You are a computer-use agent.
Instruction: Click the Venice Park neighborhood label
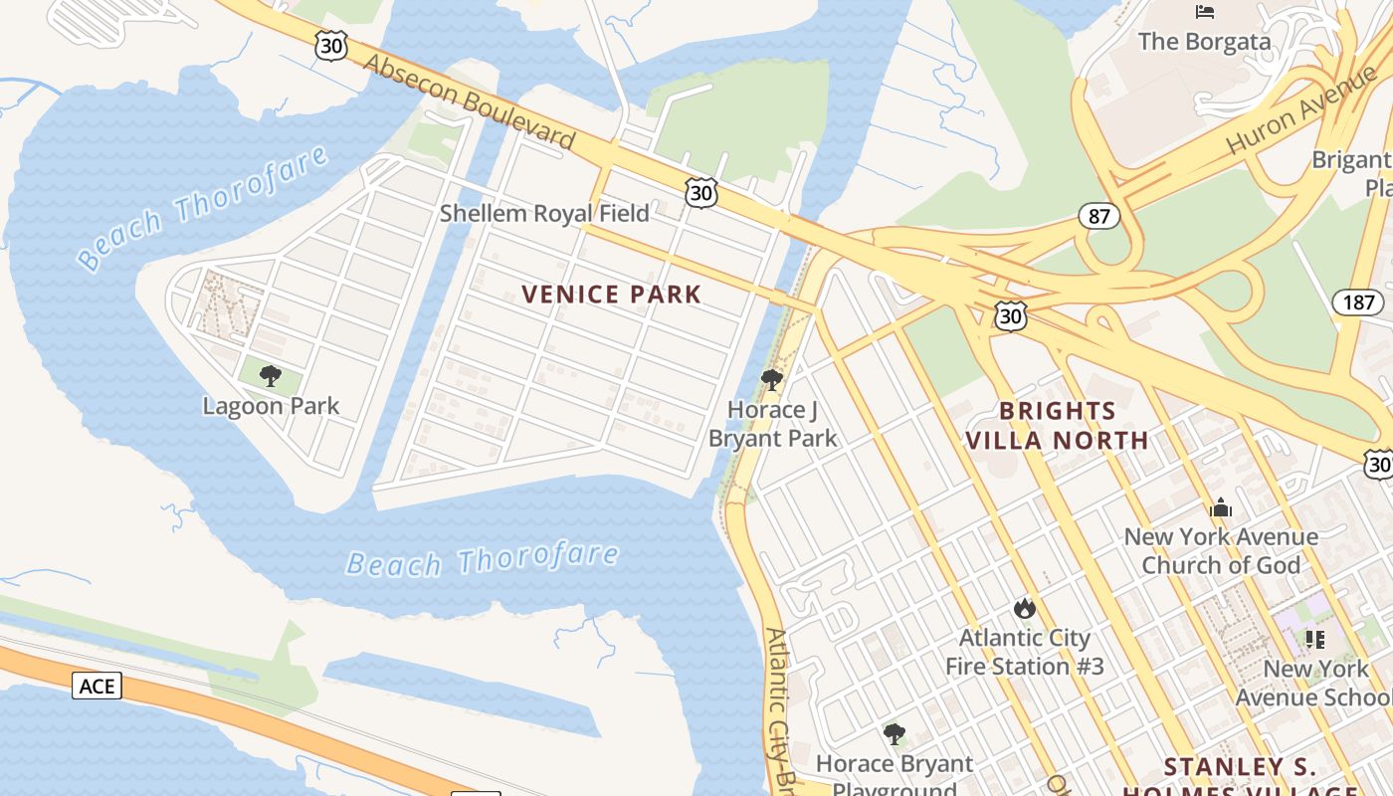[611, 295]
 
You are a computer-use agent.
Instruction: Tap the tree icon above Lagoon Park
[270, 376]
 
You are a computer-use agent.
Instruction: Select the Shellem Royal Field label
[544, 213]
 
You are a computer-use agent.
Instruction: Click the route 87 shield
[1098, 216]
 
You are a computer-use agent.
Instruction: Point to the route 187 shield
[1357, 301]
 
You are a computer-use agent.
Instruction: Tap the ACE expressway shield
[97, 686]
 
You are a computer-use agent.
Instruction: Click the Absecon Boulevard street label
[470, 101]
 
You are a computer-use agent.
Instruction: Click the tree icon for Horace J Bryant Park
[771, 380]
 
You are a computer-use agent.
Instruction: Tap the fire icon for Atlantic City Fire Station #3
[1024, 608]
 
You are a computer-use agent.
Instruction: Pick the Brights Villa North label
[1057, 425]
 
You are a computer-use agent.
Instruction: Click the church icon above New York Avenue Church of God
[1220, 508]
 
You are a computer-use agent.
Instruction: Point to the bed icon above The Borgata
[1205, 12]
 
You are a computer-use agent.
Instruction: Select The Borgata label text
[1204, 42]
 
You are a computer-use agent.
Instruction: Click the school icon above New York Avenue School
[1315, 640]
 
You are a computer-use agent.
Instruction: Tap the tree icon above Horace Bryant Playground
[895, 735]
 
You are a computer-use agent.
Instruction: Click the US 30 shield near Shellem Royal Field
[701, 192]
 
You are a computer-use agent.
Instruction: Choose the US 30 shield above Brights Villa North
[1010, 316]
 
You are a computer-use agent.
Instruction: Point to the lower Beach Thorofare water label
[482, 560]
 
